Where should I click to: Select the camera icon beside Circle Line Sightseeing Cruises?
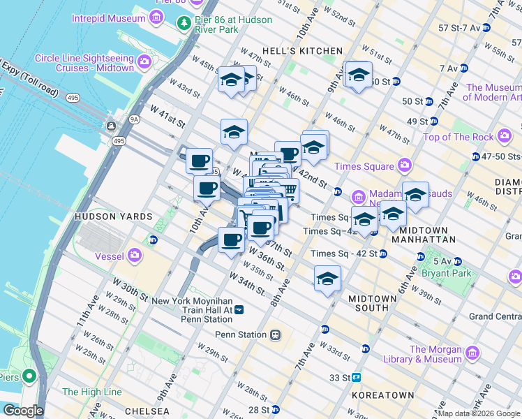[144, 62]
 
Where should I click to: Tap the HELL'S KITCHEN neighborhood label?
[302, 51]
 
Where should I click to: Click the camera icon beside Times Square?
[405, 166]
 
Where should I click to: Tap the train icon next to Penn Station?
[276, 335]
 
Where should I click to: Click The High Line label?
[91, 392]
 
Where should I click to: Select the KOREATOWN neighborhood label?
[382, 395]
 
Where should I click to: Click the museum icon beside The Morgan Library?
[472, 353]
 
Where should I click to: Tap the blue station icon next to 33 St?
[357, 378]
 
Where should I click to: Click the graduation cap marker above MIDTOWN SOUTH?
[327, 279]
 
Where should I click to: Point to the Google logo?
[23, 411]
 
